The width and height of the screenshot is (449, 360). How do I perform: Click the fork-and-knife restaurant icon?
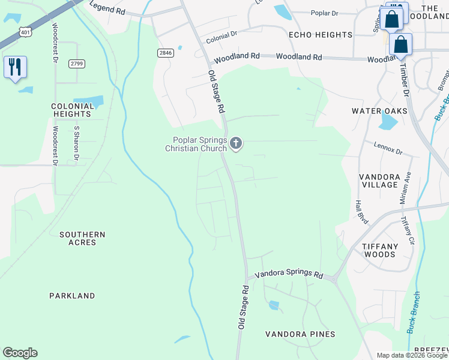tap(15, 67)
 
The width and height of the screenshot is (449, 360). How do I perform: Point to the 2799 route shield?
tap(76, 64)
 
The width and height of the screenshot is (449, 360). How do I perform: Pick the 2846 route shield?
tap(165, 53)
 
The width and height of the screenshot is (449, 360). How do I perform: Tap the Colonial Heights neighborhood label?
tap(72, 110)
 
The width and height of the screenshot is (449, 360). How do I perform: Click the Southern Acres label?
tap(82, 238)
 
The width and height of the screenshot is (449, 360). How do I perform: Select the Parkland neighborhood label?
tap(72, 296)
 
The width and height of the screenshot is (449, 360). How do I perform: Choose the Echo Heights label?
tap(320, 35)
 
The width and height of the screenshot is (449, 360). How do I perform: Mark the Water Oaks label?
tap(379, 111)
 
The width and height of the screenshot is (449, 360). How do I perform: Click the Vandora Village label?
tap(387, 181)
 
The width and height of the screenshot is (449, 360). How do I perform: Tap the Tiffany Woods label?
tap(388, 250)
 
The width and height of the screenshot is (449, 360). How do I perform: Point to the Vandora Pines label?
tap(301, 334)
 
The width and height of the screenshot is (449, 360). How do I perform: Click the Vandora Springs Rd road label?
tap(289, 274)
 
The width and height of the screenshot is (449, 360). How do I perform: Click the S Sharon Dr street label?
tap(76, 143)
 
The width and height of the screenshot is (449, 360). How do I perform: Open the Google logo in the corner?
tap(20, 353)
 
